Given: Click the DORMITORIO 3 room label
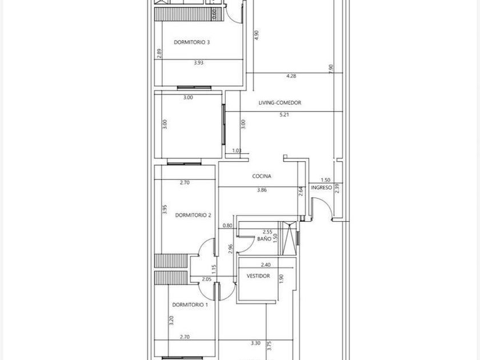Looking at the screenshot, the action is [x=191, y=42].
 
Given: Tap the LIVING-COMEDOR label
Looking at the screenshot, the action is [x=280, y=103].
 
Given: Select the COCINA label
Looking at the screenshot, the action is [x=262, y=176].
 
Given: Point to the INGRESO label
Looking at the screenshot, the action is [x=321, y=187].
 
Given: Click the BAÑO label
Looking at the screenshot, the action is [x=264, y=239].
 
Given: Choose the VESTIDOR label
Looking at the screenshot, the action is [x=258, y=276].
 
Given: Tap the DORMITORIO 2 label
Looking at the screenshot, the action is [x=193, y=215].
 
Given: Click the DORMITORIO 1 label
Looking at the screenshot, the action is [x=190, y=305].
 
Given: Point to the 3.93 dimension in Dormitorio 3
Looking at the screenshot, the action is [x=199, y=63].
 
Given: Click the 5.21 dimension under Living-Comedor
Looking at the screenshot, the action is [x=284, y=115].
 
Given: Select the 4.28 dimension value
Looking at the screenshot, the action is [x=291, y=76].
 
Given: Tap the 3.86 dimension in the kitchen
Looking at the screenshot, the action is [x=262, y=190].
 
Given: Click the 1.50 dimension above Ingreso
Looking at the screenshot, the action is [x=326, y=180].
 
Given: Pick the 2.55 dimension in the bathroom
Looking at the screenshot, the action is [x=267, y=232].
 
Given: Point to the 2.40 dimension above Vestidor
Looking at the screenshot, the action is [x=266, y=265].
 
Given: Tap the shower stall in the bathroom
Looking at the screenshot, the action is [x=289, y=238].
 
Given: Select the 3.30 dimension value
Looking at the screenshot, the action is [x=255, y=343].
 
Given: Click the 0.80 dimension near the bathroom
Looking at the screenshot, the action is [x=227, y=226].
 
